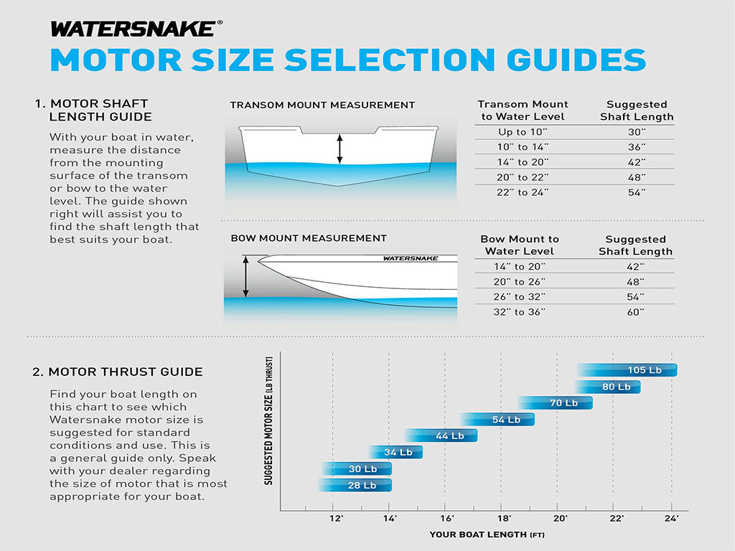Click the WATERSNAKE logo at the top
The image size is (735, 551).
coord(136,29)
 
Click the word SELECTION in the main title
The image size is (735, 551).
coord(389,60)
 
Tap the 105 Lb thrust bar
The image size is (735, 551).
coord(627,370)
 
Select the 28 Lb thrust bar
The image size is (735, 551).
coord(355,486)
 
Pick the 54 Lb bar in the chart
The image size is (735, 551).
coord(497,419)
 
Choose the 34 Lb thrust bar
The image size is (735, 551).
coord(395,452)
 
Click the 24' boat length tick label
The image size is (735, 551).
coord(671,518)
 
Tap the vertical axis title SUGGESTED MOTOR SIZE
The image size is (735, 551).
coord(268,421)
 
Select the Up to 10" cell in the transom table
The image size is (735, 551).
coord(523,132)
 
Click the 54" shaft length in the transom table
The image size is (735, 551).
coord(637,192)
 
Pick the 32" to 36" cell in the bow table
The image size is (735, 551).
coord(520,312)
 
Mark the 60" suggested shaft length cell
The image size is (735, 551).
coord(636,312)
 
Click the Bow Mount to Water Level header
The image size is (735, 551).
coord(520,245)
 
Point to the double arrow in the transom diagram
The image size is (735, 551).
coord(340,149)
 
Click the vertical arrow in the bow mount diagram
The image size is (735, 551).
coord(245,277)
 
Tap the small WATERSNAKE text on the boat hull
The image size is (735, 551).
coord(411,258)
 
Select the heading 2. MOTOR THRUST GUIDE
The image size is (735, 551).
coord(118,372)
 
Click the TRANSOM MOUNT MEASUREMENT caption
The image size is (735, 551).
coord(322,105)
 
